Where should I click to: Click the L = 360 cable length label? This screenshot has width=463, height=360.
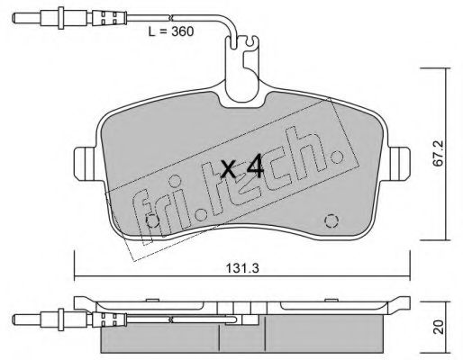point(171,31)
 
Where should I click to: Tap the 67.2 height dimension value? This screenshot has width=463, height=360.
point(440,154)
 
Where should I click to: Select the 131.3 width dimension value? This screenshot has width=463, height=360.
point(242,268)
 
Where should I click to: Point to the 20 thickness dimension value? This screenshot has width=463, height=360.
point(440,327)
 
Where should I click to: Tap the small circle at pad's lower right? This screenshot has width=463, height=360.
point(331,221)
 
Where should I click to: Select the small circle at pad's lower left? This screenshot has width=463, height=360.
point(152,222)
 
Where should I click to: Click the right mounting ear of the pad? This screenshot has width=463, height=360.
point(399,164)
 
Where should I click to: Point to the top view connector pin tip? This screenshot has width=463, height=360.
point(14,18)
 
